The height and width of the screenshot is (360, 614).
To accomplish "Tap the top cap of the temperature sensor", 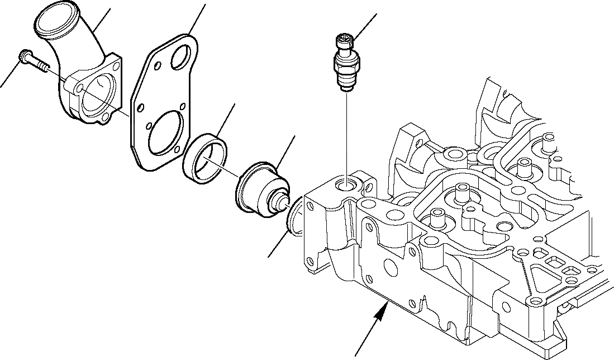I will point(343,40).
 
